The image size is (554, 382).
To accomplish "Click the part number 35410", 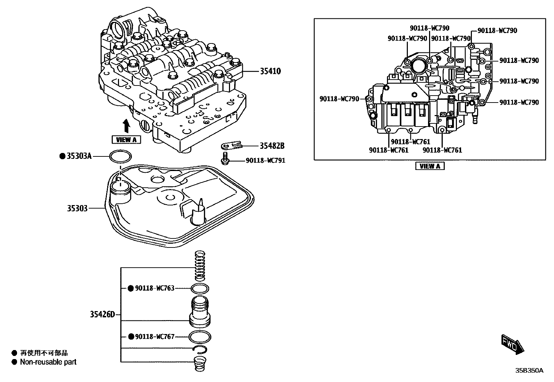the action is coord(270,71).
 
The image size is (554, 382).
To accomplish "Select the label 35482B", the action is coord(271,146).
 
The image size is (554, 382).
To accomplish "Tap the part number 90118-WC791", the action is coord(266,161).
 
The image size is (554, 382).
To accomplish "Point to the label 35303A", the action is coord(79,156).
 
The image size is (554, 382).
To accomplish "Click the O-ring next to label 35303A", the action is coord(120,157).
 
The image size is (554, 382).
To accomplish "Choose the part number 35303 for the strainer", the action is coord(77,209).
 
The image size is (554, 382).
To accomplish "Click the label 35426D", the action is coord(102,315).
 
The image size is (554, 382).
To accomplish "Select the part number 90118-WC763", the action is coord(155,288).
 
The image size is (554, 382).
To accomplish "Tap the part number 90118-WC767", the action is coord(155,336).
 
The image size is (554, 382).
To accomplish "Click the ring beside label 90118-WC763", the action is coord(200,288).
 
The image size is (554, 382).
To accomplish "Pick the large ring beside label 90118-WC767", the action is coord(200,336).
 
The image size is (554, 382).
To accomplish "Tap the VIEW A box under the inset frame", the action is coord(430,166).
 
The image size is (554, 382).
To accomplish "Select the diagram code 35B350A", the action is coord(529,371).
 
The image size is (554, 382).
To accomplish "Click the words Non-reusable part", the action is coord(48,362).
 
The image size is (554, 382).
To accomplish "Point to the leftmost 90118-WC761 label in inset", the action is coord(388,150).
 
